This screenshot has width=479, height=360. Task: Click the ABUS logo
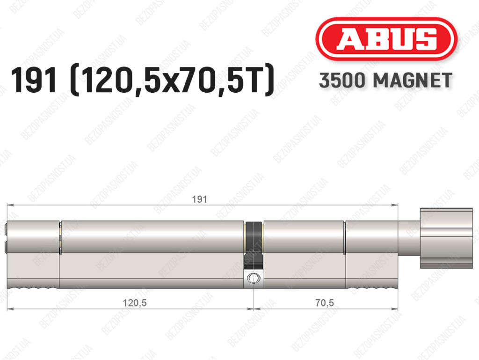(386, 39)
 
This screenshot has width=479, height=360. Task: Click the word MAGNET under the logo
(413, 81)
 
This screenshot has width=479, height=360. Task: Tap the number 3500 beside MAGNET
(342, 81)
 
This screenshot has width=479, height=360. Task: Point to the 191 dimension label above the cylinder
(199, 199)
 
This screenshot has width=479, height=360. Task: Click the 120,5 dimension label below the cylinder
(135, 303)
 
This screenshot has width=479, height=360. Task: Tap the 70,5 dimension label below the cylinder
(325, 303)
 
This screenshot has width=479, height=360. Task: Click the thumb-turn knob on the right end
(446, 238)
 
